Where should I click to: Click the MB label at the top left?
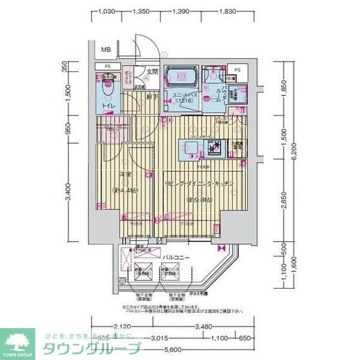pos(106,49)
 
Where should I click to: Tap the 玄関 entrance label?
pos(152,73)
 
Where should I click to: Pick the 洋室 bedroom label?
pos(125,175)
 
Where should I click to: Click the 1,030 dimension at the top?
pos(106,11)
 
